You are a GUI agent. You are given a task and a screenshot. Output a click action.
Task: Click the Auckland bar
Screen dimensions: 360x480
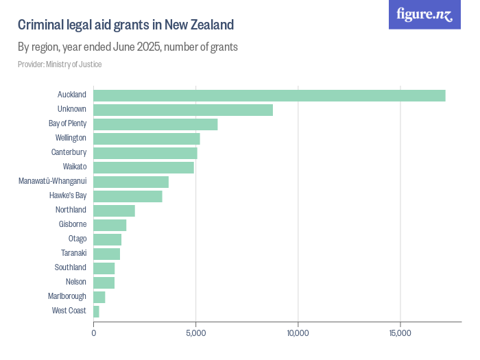pyautogui.click(x=269, y=95)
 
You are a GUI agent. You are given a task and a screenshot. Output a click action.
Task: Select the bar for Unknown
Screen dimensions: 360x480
pyautogui.click(x=183, y=110)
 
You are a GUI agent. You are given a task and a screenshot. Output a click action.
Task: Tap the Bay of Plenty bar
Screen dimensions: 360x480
pyautogui.click(x=155, y=124)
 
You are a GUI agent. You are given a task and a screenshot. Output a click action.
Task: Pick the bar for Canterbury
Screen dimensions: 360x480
pyautogui.click(x=145, y=153)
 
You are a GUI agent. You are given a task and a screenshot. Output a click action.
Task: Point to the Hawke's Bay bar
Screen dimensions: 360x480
pyautogui.click(x=128, y=196)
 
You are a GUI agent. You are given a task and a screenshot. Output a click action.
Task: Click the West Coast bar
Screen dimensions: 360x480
pyautogui.click(x=96, y=311)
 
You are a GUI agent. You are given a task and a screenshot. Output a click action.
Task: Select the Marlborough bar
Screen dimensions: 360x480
pyautogui.click(x=99, y=297)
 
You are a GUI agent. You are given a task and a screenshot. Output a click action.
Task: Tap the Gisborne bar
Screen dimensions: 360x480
pyautogui.click(x=110, y=225)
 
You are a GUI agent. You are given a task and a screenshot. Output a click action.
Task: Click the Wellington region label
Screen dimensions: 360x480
pyautogui.click(x=71, y=139)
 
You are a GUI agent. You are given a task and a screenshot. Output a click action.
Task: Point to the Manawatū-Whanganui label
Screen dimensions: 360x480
pyautogui.click(x=53, y=182)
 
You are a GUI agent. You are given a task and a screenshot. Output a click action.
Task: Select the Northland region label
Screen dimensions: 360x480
pyautogui.click(x=71, y=211)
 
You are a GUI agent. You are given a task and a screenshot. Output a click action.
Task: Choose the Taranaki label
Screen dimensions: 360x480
pyautogui.click(x=73, y=254)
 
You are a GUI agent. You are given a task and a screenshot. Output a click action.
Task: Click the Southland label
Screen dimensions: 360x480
pyautogui.click(x=71, y=268)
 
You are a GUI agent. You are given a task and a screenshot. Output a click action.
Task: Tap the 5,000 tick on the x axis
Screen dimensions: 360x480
pyautogui.click(x=196, y=333)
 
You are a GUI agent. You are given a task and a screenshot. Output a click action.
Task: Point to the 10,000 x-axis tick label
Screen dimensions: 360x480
pyautogui.click(x=298, y=333)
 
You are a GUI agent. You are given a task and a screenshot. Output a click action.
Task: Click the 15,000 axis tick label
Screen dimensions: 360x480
pyautogui.click(x=400, y=333)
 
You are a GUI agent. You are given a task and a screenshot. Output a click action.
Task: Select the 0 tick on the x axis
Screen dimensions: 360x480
pyautogui.click(x=94, y=333)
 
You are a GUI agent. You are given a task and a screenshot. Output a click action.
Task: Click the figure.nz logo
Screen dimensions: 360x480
pyautogui.click(x=425, y=14)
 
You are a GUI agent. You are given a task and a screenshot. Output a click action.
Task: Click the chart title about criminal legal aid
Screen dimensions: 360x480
pyautogui.click(x=126, y=25)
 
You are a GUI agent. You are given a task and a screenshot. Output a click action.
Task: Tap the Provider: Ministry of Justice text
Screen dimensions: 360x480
pyautogui.click(x=60, y=64)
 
